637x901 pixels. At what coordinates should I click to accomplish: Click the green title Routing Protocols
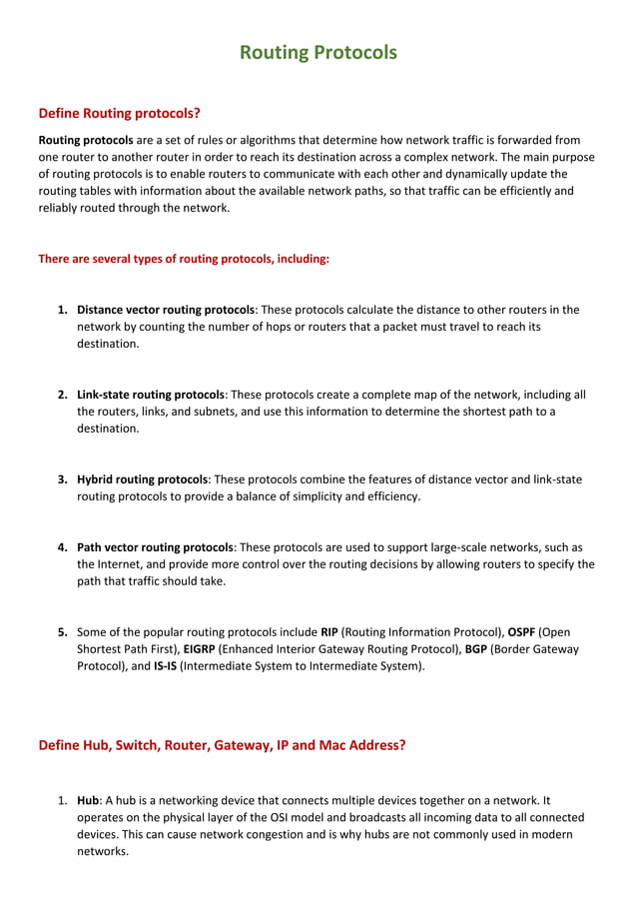click(x=318, y=52)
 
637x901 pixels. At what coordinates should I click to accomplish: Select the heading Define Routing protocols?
click(x=120, y=113)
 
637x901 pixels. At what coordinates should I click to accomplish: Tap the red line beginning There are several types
click(x=184, y=259)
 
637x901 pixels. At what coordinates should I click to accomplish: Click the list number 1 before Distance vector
click(x=62, y=310)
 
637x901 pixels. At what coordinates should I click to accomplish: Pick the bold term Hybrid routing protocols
click(x=142, y=479)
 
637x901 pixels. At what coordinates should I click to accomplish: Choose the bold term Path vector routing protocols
click(x=155, y=547)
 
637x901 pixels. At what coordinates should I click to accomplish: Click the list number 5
click(x=62, y=632)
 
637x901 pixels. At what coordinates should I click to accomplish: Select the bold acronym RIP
click(x=328, y=632)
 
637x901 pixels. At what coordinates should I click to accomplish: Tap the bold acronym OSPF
click(x=518, y=632)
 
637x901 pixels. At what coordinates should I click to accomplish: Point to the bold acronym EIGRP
click(x=200, y=649)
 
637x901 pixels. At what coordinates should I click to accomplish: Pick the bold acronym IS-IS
click(x=164, y=666)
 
